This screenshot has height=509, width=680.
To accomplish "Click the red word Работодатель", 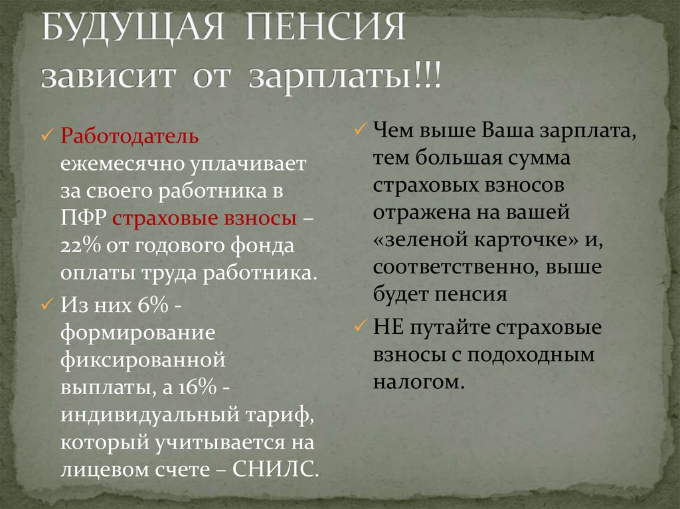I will click(129, 136).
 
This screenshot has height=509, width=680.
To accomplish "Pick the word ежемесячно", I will click(123, 164).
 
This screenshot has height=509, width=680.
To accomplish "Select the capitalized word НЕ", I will click(387, 328).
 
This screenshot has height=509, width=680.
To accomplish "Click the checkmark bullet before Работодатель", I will click(47, 136).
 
